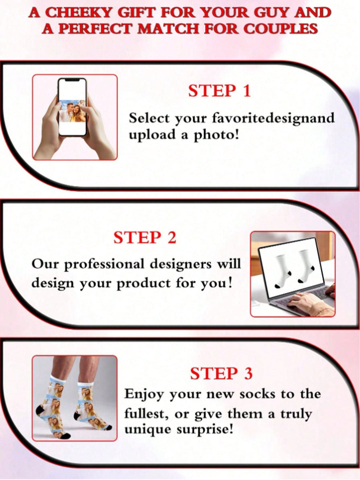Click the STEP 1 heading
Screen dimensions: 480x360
pyautogui.click(x=219, y=91)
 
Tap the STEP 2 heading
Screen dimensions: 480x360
pyautogui.click(x=145, y=238)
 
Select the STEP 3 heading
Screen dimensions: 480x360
pyautogui.click(x=221, y=374)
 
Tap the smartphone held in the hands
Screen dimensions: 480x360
pyautogui.click(x=72, y=107)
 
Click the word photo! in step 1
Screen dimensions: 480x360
pyautogui.click(x=216, y=135)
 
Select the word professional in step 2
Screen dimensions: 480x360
pyautogui.click(x=105, y=264)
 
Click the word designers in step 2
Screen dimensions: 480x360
pyautogui.click(x=180, y=264)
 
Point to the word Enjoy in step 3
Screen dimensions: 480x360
pyautogui.click(x=144, y=395)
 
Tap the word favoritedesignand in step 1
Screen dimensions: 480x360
pyautogui.click(x=273, y=118)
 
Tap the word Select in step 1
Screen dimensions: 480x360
pyautogui.click(x=149, y=118)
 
